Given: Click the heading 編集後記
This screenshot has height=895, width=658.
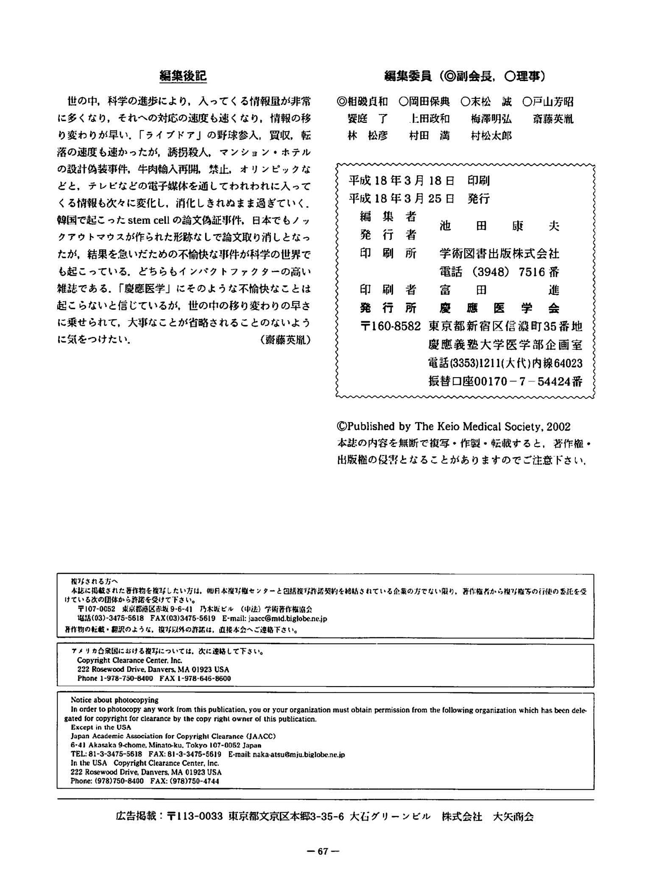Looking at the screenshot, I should pyautogui.click(x=183, y=76).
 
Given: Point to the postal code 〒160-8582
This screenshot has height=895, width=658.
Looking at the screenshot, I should pyautogui.click(x=390, y=327).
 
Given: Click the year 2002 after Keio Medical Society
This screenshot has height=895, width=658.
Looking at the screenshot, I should pyautogui.click(x=558, y=427).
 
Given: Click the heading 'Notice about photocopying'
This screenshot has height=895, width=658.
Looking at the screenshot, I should pyautogui.click(x=114, y=700).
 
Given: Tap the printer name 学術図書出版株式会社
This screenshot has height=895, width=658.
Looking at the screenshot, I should pyautogui.click(x=499, y=254).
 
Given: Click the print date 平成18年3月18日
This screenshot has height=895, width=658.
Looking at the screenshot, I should pyautogui.click(x=401, y=181).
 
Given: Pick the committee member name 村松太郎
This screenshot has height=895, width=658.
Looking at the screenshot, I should pyautogui.click(x=491, y=136).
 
